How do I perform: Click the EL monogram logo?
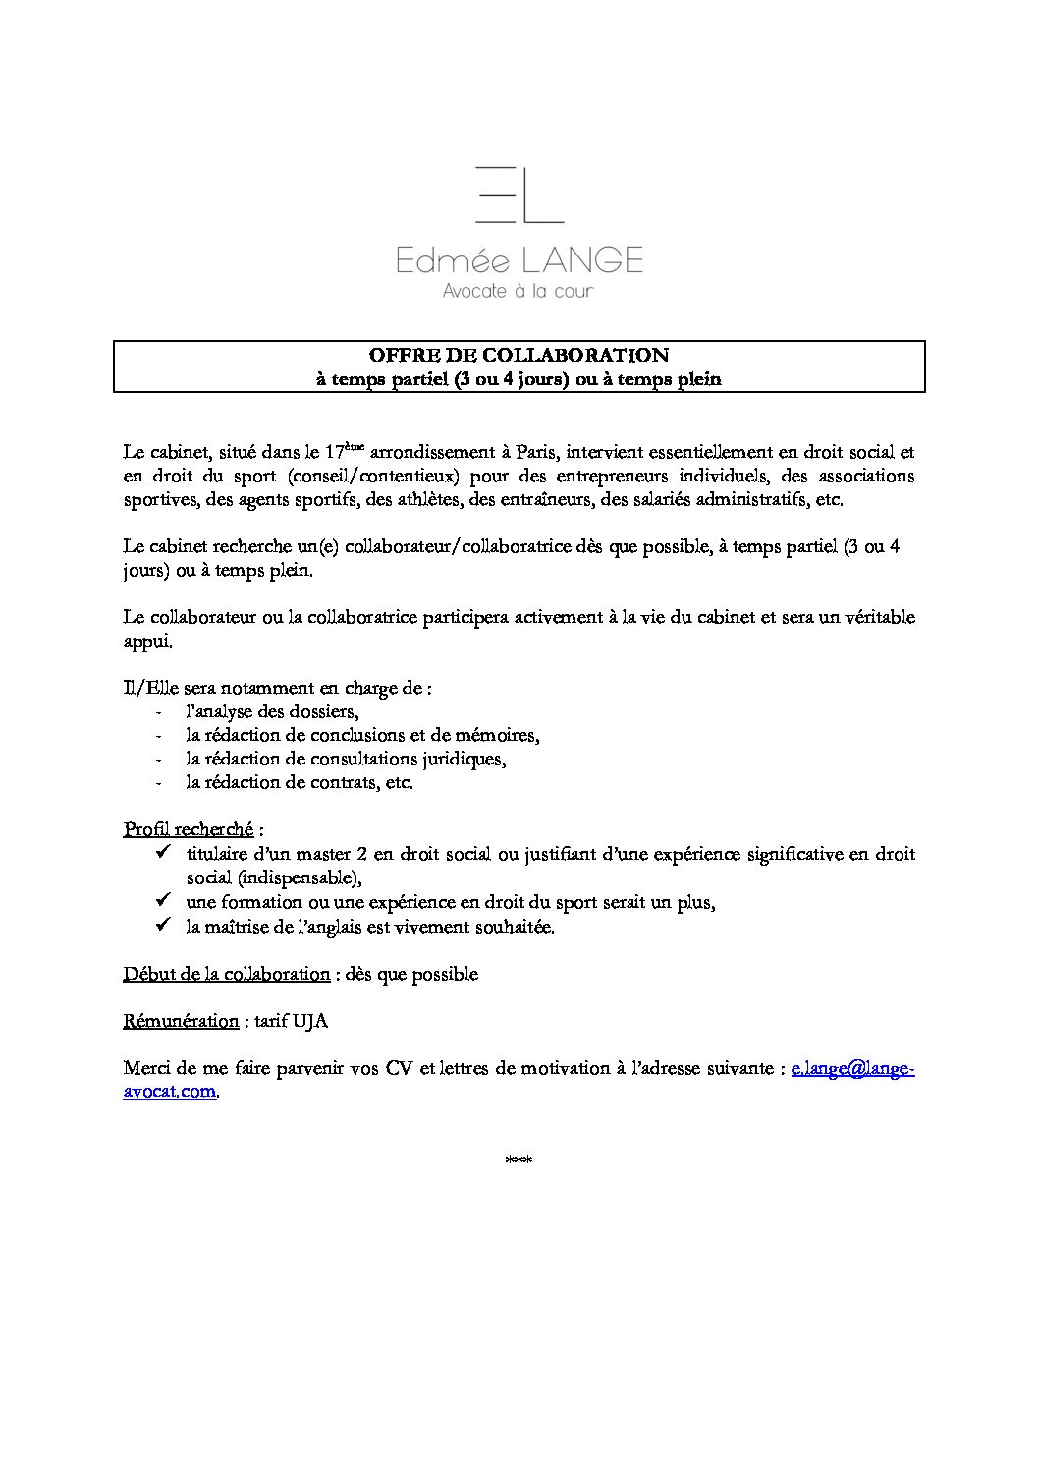(x=519, y=195)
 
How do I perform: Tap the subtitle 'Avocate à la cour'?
(x=519, y=291)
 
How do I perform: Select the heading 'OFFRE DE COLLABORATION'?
(x=519, y=355)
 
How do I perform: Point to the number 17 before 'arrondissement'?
(x=334, y=453)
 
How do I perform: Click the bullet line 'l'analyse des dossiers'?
(x=272, y=712)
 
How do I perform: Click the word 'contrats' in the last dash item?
(x=343, y=783)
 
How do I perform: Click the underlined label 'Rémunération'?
(x=181, y=1021)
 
